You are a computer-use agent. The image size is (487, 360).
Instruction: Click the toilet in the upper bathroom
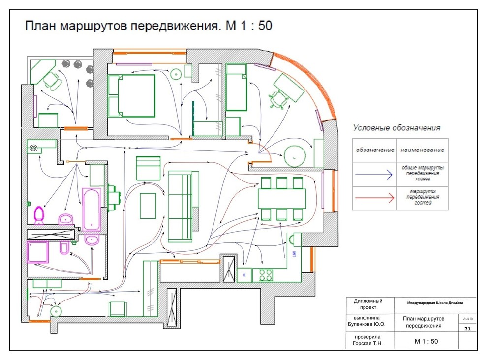click(38, 214)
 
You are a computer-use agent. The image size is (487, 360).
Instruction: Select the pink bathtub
click(91, 209)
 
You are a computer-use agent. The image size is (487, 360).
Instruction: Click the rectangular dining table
click(281, 198)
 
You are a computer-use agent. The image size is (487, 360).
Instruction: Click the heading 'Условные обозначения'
click(396, 128)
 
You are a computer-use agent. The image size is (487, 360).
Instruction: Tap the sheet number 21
click(467, 328)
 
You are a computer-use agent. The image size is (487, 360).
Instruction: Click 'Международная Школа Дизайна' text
click(434, 303)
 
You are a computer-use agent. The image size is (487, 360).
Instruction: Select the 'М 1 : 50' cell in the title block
click(426, 341)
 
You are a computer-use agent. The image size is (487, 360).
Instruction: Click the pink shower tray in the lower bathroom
click(38, 252)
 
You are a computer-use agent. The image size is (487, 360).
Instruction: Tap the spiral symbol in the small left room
click(34, 148)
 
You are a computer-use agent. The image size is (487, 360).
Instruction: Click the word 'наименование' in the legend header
click(422, 150)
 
